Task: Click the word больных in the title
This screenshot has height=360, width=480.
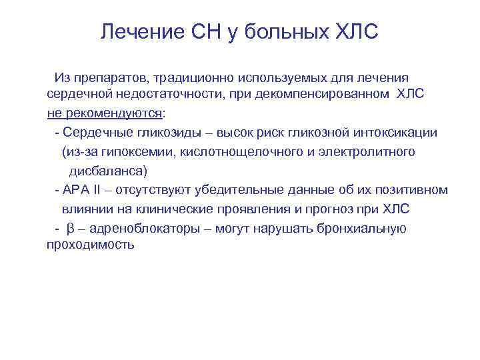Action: pos(279,31)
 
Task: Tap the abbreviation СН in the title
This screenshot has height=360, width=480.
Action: pos(201,31)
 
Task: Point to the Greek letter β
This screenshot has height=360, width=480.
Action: pos(71,229)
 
